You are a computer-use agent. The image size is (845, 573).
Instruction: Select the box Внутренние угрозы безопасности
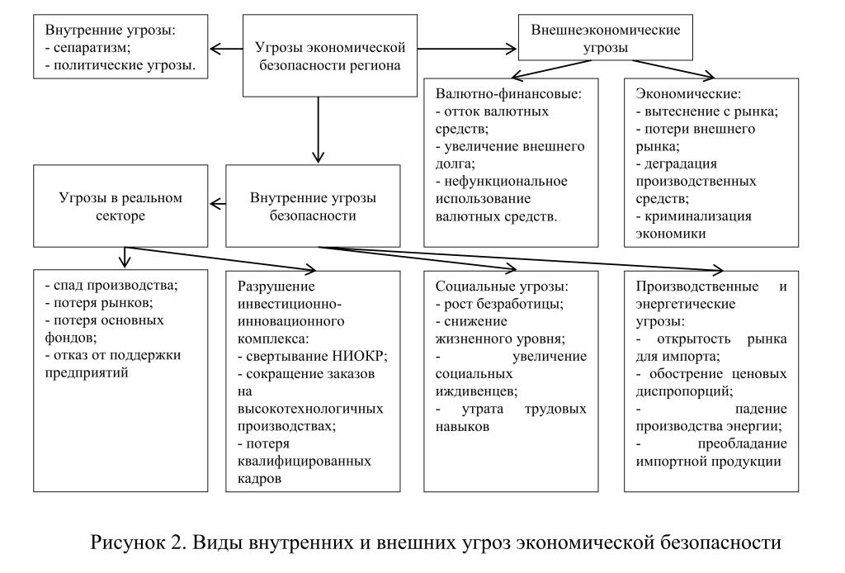click(x=313, y=206)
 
